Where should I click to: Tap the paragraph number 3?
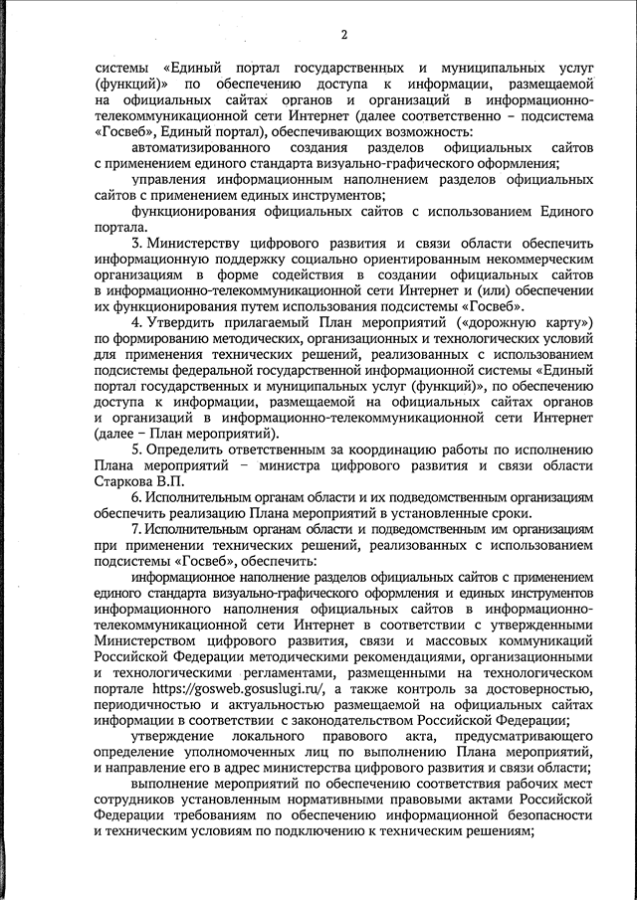[136, 244]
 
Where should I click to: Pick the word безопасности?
[538, 814]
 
